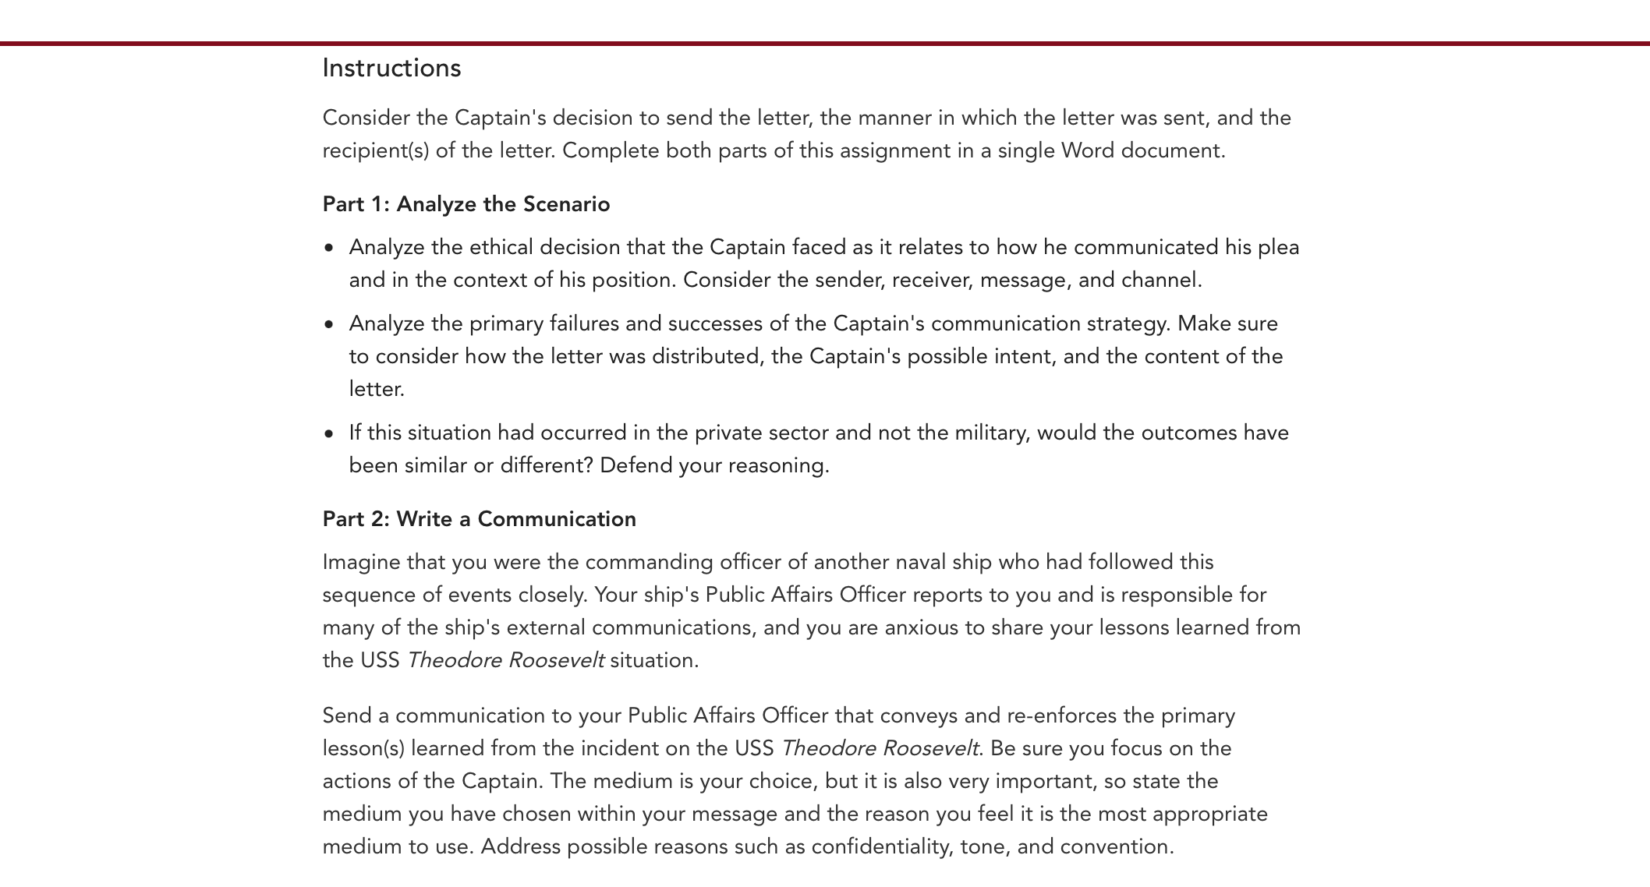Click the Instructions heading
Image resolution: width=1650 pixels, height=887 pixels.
pyautogui.click(x=391, y=69)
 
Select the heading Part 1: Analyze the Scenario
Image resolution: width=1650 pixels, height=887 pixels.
pyautogui.click(x=466, y=204)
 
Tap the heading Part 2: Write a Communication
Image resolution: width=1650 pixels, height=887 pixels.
pyautogui.click(x=479, y=519)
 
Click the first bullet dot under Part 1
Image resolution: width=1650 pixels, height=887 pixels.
pyautogui.click(x=329, y=248)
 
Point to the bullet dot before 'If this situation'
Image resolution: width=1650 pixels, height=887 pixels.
pyautogui.click(x=329, y=433)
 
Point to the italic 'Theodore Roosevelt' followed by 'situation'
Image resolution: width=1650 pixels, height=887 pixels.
pyautogui.click(x=505, y=660)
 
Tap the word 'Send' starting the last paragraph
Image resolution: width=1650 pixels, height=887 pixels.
pyautogui.click(x=345, y=716)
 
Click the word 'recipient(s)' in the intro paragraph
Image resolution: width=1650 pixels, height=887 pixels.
pyautogui.click(x=376, y=150)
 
